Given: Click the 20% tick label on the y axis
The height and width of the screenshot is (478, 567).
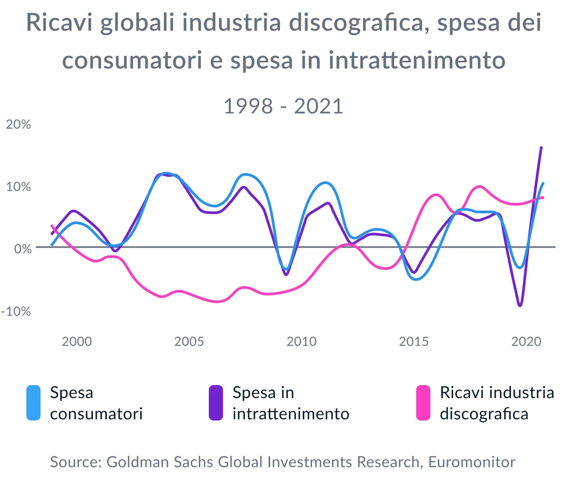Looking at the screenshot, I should (x=18, y=124).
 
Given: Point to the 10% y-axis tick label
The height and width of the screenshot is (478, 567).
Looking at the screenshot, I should (x=18, y=187).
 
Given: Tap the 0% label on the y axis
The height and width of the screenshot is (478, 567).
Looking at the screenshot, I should (x=22, y=249).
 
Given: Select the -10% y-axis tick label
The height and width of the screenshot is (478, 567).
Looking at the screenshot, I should (x=16, y=311).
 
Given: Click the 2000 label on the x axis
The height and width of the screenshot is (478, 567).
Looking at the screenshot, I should (x=77, y=341).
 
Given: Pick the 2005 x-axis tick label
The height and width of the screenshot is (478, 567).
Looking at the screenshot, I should (x=189, y=341).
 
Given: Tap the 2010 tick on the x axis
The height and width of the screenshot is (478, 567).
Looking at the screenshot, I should (x=301, y=341).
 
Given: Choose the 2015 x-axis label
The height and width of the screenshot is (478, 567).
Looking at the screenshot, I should (x=413, y=341).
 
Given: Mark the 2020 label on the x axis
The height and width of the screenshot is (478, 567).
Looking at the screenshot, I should (x=526, y=341).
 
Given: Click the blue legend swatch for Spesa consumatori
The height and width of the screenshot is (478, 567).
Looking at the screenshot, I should (x=33, y=403).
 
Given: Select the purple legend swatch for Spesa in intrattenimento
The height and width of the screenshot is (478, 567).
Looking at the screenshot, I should (x=216, y=403).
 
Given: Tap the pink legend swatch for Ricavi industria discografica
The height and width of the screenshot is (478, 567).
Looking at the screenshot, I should (x=423, y=403).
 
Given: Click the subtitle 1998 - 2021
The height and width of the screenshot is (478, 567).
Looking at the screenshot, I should (x=283, y=106).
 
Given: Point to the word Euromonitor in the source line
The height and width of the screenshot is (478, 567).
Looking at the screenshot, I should (x=472, y=462).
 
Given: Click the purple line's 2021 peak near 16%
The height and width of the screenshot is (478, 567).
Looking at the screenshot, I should (x=542, y=147).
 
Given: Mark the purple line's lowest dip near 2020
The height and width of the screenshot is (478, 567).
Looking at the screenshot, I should (x=520, y=306).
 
